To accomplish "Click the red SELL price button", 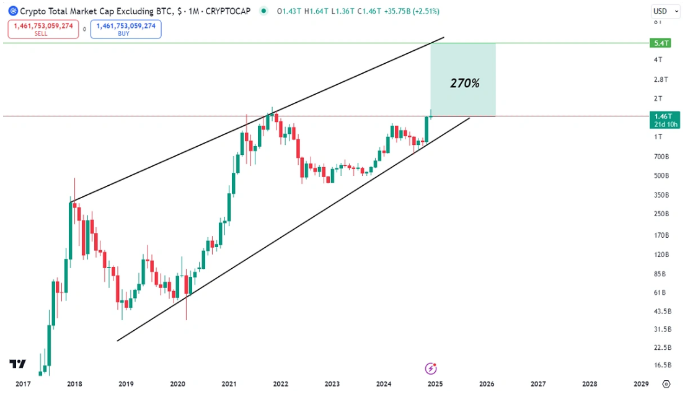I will [x=43, y=29].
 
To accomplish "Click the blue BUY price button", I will [x=126, y=29].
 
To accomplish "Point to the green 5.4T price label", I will [x=661, y=43].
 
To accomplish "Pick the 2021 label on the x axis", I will [x=229, y=384].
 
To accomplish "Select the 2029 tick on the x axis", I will [x=641, y=384].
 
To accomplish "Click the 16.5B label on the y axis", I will [x=660, y=365].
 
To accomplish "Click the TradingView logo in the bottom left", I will [x=18, y=364].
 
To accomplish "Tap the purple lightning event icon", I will [x=431, y=369].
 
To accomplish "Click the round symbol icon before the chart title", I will [x=12, y=11].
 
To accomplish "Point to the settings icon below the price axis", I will [x=666, y=384].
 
